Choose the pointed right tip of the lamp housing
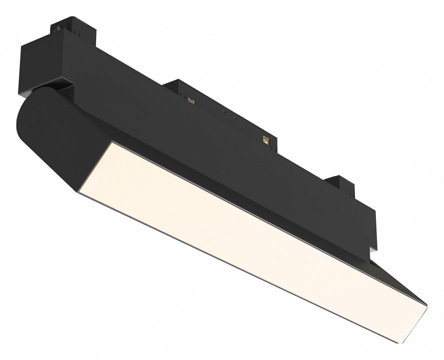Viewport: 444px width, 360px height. (x=426, y=304)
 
